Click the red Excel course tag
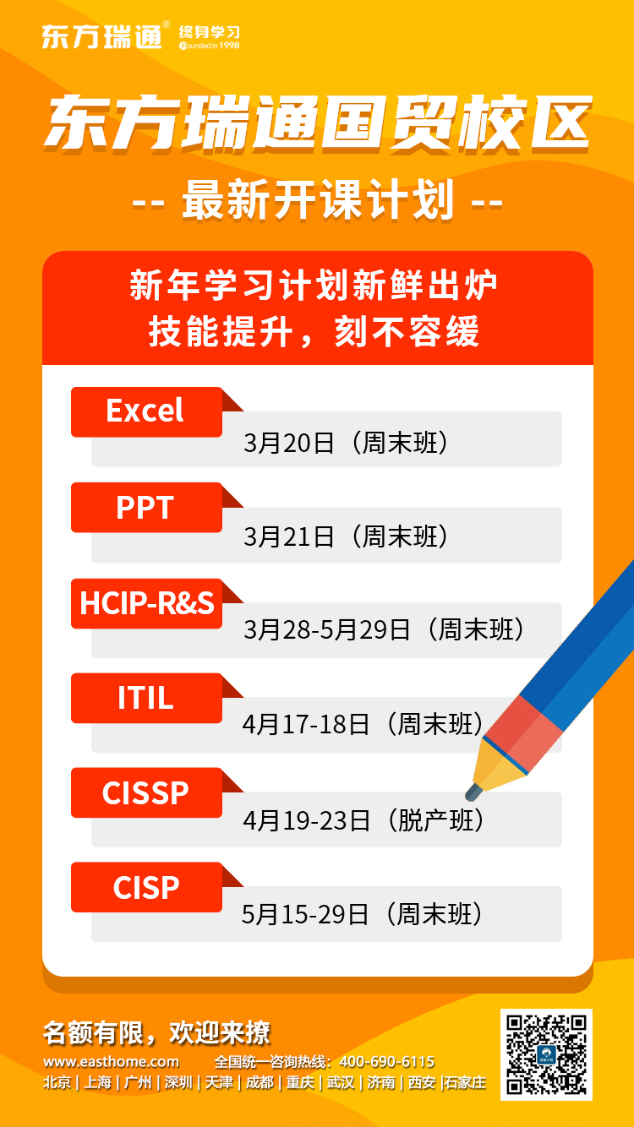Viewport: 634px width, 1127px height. point(146,411)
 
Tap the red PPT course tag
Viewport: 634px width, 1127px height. point(146,507)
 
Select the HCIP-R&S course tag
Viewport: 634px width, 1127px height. point(146,603)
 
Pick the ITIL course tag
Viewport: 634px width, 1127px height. point(146,698)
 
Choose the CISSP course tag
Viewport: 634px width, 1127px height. point(146,792)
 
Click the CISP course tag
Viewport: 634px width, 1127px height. point(146,887)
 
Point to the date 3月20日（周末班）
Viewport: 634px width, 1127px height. point(346,443)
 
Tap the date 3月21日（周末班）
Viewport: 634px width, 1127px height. point(346,536)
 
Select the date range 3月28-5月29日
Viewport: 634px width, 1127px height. point(327,630)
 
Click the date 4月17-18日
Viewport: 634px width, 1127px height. point(306,725)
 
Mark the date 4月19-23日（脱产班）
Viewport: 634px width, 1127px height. point(363,820)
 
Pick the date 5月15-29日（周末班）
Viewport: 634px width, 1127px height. point(363,914)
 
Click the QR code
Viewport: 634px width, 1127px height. point(546,1054)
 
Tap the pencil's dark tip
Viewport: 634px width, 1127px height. point(473,792)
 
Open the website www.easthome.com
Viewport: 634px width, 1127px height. point(112,1062)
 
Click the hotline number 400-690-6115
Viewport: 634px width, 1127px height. point(387,1062)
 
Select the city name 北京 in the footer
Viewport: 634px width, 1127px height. point(57,1082)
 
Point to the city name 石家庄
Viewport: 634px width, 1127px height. point(465,1082)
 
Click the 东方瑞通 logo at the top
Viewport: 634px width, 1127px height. point(140,35)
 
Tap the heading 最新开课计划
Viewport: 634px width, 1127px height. point(318,200)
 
